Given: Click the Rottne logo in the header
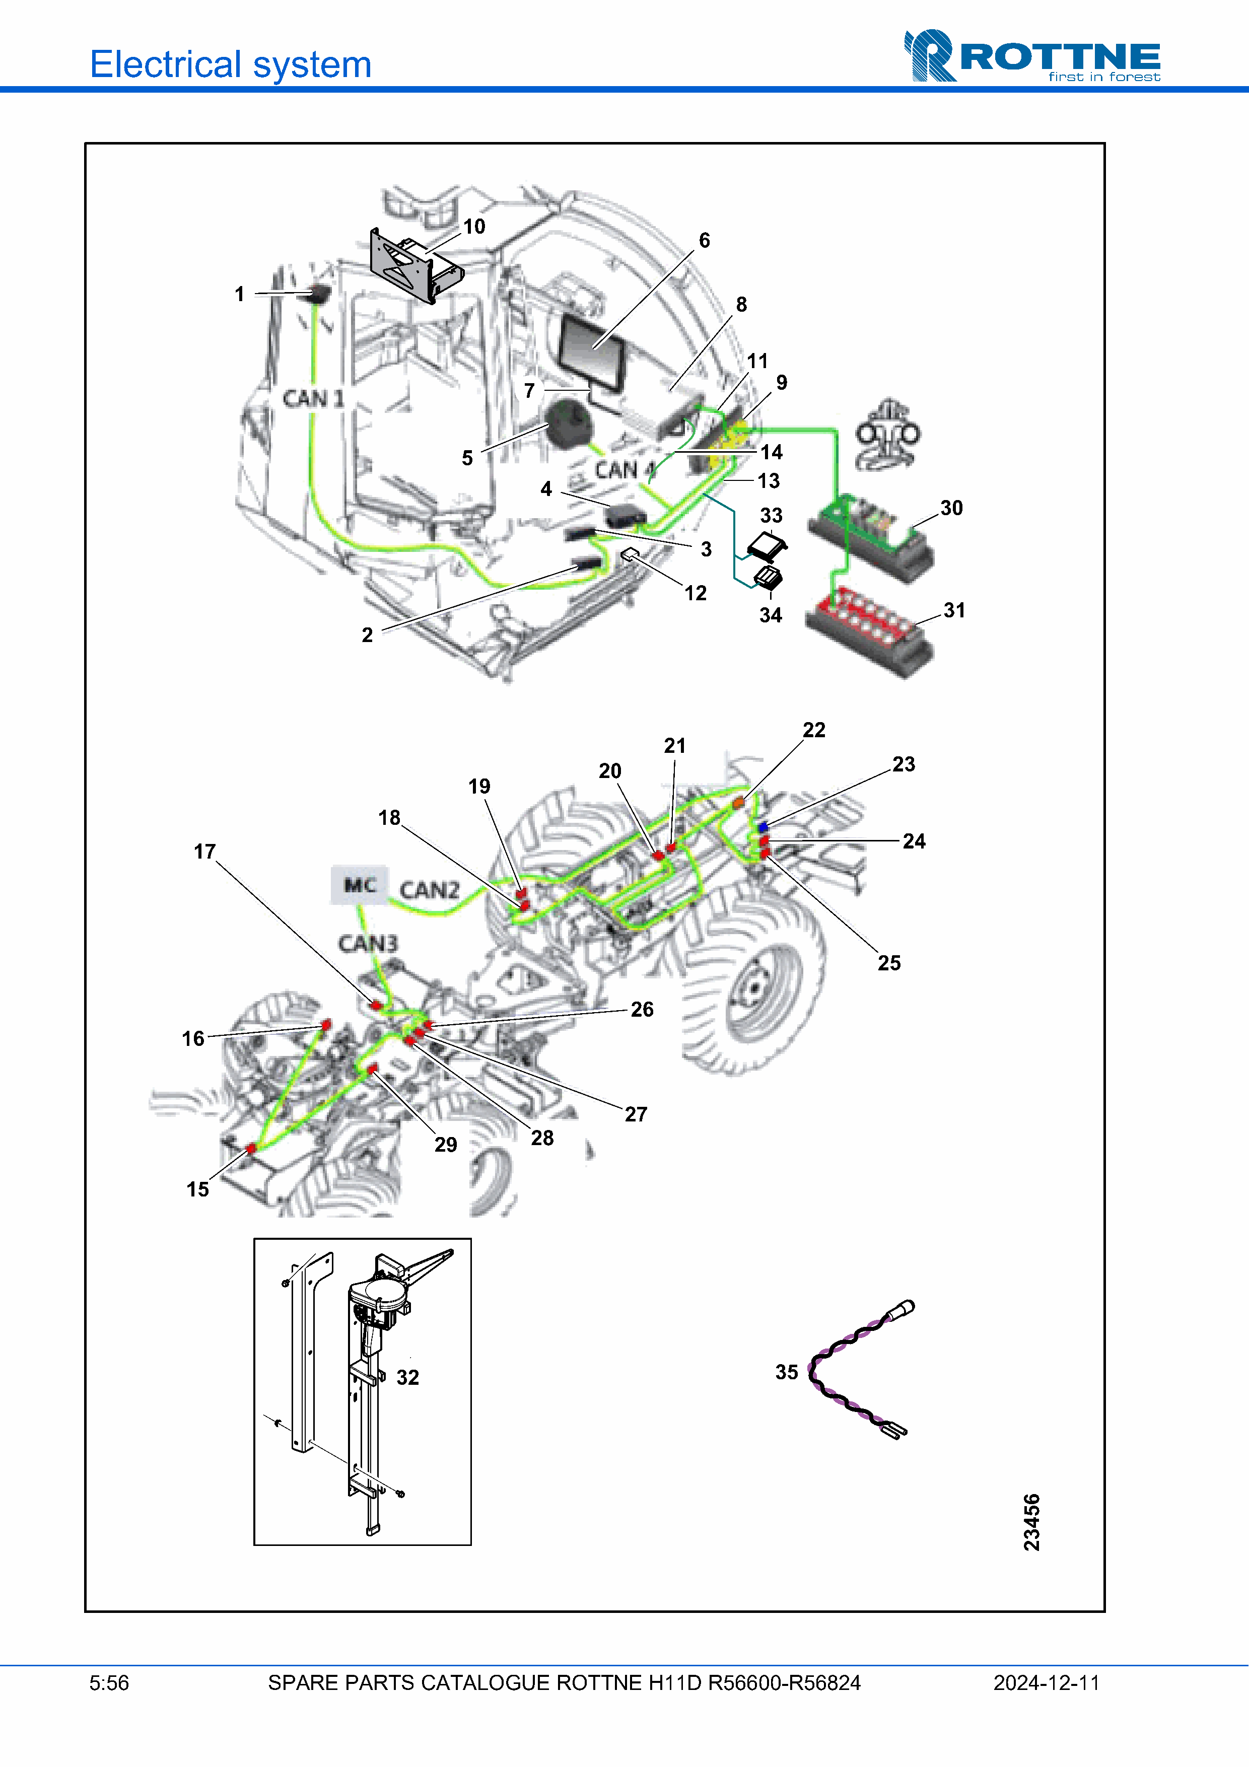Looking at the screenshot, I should pyautogui.click(x=1031, y=55).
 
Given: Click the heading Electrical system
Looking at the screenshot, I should pyautogui.click(x=231, y=64).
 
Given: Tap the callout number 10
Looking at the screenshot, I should pyautogui.click(x=474, y=226).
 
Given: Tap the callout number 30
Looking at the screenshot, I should pyautogui.click(x=951, y=508).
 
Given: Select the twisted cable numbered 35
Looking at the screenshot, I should pyautogui.click(x=858, y=1370).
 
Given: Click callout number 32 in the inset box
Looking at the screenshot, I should pyautogui.click(x=408, y=1378).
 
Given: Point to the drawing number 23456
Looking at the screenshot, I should pyautogui.click(x=1031, y=1522).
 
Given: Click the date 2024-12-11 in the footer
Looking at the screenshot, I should pyautogui.click(x=1046, y=1683).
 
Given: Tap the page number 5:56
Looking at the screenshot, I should pyautogui.click(x=109, y=1683).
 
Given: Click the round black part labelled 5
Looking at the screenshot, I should pyautogui.click(x=570, y=423).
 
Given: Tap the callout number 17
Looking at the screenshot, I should pyautogui.click(x=204, y=851).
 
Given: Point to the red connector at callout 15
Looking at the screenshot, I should pyautogui.click(x=251, y=1148).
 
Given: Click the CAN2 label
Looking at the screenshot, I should pyautogui.click(x=430, y=890).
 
